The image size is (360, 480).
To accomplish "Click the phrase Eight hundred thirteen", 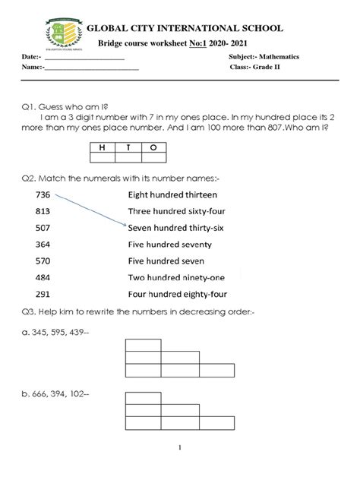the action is pos(171,194).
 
